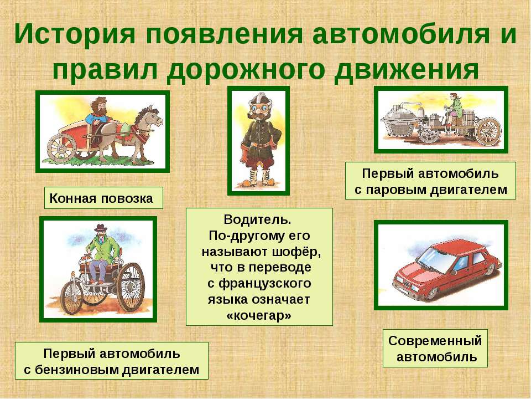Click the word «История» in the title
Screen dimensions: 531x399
pyautogui.click(x=75, y=33)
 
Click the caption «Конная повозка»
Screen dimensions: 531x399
pyautogui.click(x=101, y=198)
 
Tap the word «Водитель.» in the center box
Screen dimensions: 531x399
pyautogui.click(x=257, y=219)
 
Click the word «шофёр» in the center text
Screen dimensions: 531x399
pyautogui.click(x=297, y=252)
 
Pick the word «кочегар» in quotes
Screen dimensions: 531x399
pyautogui.click(x=258, y=315)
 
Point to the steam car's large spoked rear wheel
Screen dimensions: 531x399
pyautogui.click(x=488, y=131)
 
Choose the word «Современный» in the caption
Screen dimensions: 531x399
pyautogui.click(x=435, y=341)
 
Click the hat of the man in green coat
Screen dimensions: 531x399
pyautogui.click(x=101, y=227)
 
